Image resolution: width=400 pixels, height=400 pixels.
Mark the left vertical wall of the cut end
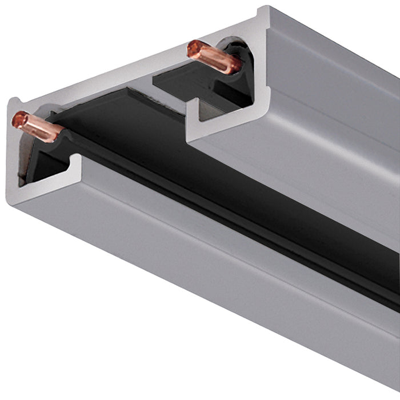coord(13,154)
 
